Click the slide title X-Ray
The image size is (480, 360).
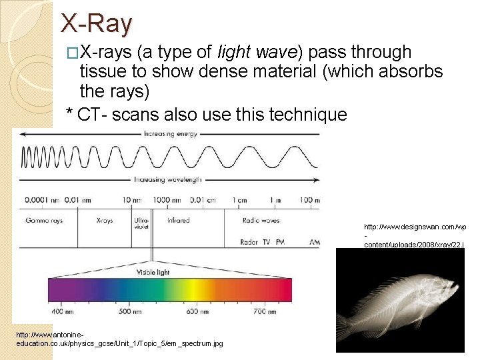click(97, 24)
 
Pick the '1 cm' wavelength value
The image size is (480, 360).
click(239, 199)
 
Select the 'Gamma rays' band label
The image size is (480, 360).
click(44, 220)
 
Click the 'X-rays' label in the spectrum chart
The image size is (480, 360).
click(105, 220)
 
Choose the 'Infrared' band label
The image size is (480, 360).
click(178, 220)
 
